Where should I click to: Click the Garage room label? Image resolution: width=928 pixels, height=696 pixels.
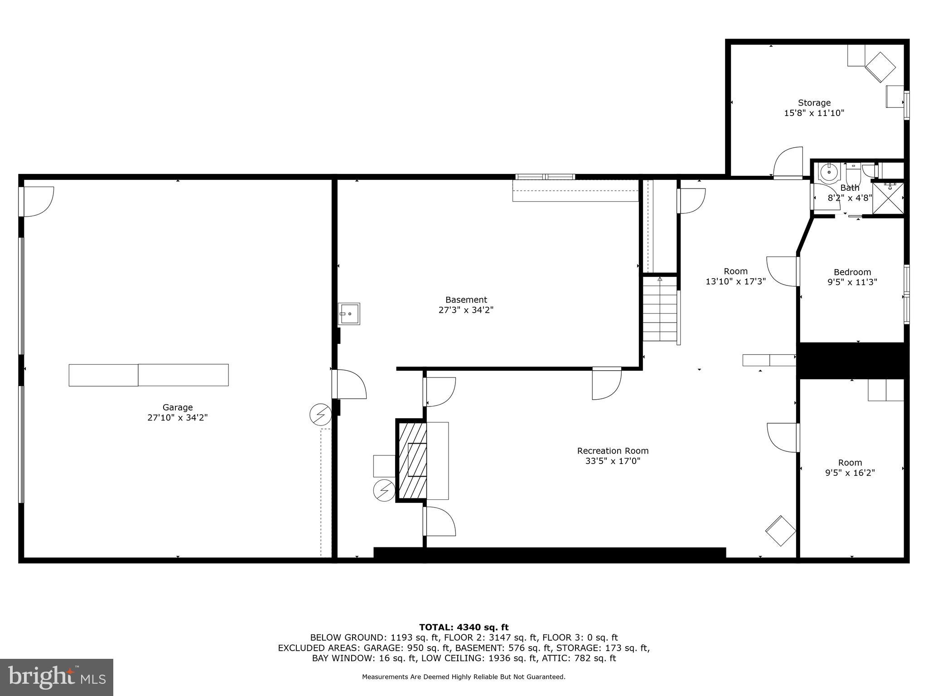click(x=178, y=407)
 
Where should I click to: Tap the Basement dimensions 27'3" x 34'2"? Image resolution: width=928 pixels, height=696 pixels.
click(x=466, y=310)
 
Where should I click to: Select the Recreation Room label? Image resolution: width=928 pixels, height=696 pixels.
click(x=613, y=451)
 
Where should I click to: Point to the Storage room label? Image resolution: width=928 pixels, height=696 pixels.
click(x=814, y=103)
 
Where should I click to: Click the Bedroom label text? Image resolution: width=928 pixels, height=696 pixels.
click(x=852, y=272)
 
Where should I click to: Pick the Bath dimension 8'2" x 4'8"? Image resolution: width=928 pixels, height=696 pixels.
click(x=850, y=198)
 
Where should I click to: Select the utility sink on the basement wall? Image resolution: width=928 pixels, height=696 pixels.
click(x=349, y=314)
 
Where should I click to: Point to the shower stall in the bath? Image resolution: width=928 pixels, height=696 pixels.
click(x=888, y=197)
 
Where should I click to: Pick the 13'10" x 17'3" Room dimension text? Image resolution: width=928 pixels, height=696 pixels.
click(x=735, y=281)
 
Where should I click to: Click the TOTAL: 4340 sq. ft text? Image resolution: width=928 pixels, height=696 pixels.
click(x=464, y=628)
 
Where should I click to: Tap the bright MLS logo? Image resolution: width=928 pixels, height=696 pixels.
click(x=57, y=677)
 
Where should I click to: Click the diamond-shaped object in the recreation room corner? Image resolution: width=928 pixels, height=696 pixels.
click(x=780, y=531)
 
